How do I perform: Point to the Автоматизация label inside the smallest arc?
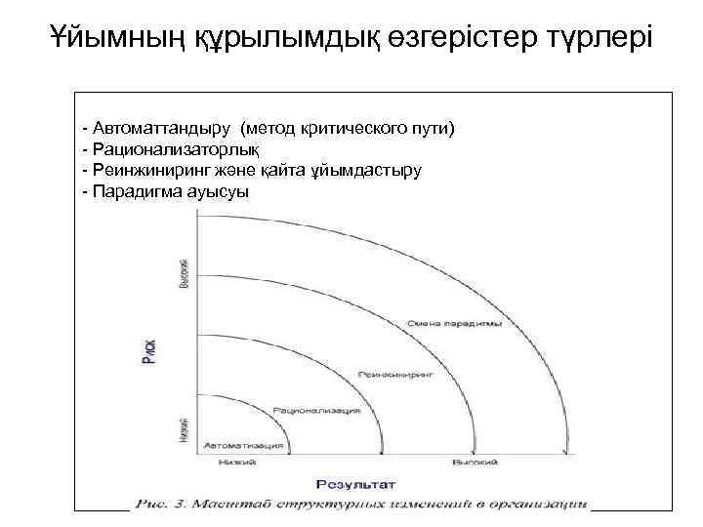[x=243, y=445]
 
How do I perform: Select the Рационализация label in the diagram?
[x=316, y=411]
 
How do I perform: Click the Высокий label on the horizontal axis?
[x=476, y=462]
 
